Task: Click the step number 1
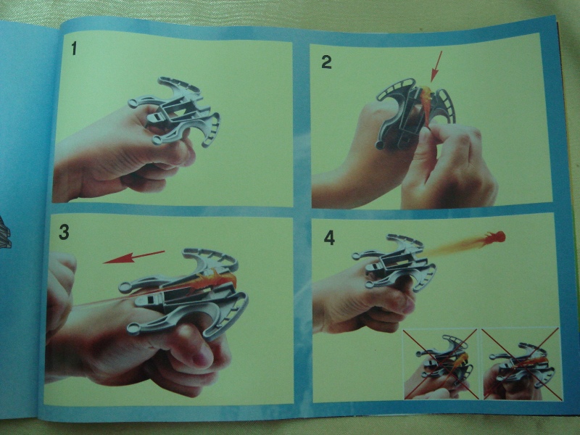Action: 74,49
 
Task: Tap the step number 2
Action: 326,62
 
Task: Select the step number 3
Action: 64,232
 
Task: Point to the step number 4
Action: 329,238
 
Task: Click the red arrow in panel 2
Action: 436,66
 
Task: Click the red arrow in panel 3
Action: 133,257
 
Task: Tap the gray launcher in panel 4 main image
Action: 394,262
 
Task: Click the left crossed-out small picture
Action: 440,364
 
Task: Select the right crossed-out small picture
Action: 521,364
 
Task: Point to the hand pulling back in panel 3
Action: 59,292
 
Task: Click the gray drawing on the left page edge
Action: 5,233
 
